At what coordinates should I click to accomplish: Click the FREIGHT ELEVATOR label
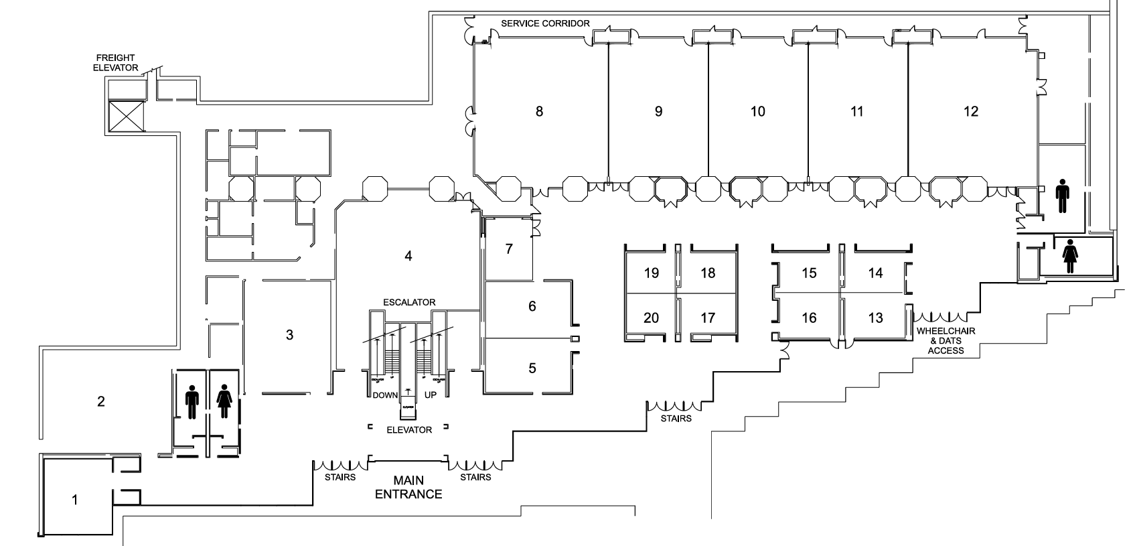(115, 63)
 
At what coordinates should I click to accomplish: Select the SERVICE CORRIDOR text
(545, 23)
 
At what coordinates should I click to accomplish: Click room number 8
(539, 111)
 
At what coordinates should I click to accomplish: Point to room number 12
(970, 111)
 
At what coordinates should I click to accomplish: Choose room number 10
(757, 111)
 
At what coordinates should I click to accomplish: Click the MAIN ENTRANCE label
(408, 488)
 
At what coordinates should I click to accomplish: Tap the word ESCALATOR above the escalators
(409, 302)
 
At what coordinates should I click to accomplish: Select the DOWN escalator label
(385, 395)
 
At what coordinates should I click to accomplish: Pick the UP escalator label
(431, 395)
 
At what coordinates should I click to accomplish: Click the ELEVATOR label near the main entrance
(409, 429)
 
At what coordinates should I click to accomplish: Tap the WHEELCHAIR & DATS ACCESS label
(946, 341)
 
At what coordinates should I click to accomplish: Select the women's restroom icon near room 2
(224, 402)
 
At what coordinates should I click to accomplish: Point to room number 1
(75, 500)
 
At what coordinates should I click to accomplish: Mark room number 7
(509, 249)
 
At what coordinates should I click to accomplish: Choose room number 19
(651, 273)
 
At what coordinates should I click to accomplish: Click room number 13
(875, 318)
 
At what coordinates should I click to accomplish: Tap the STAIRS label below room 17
(676, 419)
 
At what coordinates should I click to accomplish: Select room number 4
(408, 255)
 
